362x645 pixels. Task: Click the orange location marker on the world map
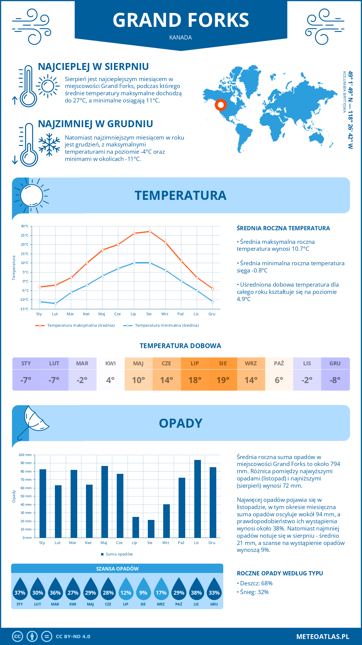coord(221,105)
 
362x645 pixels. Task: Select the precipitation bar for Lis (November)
coord(197,499)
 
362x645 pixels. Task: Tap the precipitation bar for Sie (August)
coord(151,529)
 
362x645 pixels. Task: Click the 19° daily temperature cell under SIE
coord(223,380)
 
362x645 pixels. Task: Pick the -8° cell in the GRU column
coord(335,380)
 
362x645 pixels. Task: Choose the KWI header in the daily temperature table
coord(110,363)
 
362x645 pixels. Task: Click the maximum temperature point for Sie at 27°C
coord(150,231)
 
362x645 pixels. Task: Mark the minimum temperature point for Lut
coord(56,304)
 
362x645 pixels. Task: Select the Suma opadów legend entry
coord(119,554)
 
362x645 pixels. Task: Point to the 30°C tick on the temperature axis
coord(25,226)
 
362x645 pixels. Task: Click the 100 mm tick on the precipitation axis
coord(25,455)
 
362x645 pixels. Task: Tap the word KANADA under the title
coord(180,37)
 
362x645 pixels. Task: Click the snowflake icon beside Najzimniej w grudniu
coord(49,144)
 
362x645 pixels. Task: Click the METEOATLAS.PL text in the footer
coord(322,637)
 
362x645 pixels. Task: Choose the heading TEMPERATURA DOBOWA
coord(180,346)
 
